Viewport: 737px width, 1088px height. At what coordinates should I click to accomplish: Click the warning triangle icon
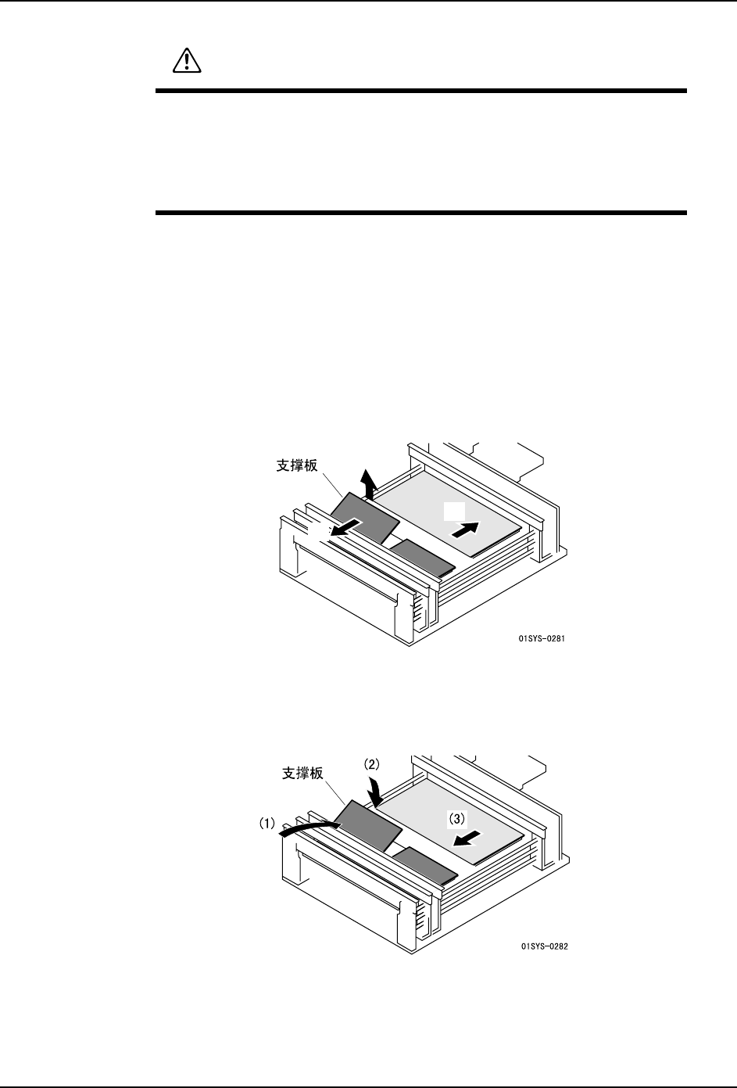(x=185, y=60)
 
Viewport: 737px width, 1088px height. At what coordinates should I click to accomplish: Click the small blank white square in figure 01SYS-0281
(x=453, y=511)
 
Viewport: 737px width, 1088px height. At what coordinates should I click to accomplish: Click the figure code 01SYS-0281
(x=542, y=639)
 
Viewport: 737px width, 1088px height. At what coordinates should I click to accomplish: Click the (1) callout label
(x=267, y=823)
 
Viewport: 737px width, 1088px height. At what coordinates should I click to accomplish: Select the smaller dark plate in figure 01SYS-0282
(x=425, y=865)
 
